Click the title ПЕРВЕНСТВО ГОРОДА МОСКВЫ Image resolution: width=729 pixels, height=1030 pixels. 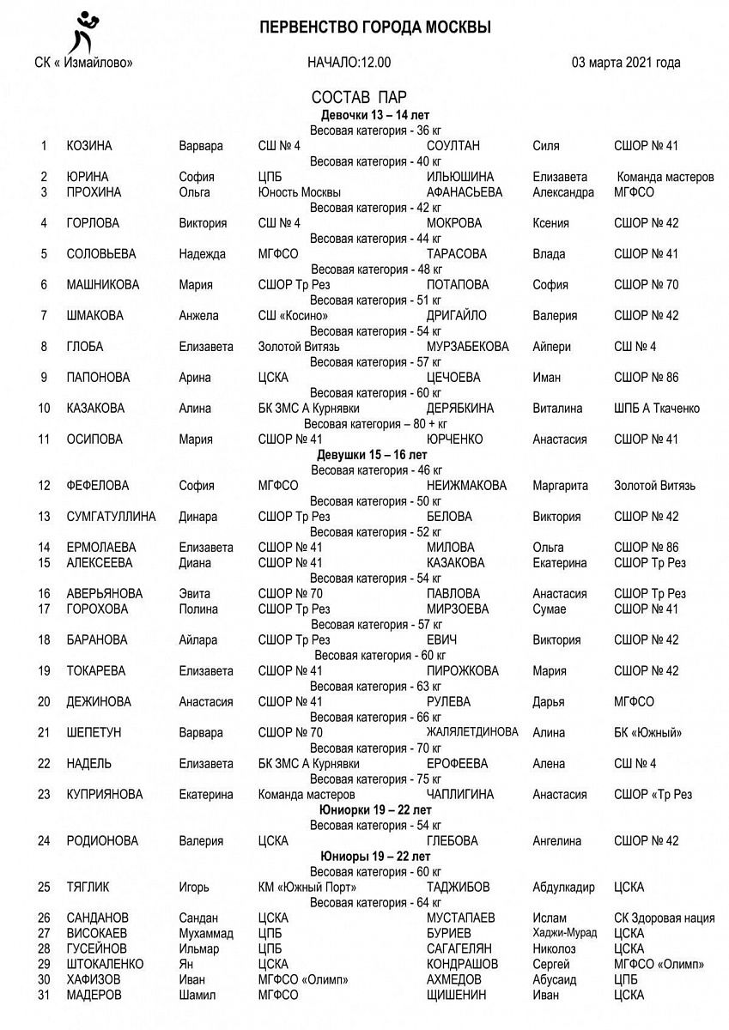[x=375, y=28]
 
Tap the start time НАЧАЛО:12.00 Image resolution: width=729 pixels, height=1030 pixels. [x=349, y=63]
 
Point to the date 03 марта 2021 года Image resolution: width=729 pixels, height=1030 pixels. [x=626, y=63]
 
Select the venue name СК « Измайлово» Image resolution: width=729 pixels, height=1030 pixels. [x=82, y=63]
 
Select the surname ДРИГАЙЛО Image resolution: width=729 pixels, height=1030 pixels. [x=459, y=316]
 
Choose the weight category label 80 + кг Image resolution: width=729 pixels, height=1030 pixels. [x=375, y=424]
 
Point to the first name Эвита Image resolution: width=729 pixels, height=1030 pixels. [x=194, y=594]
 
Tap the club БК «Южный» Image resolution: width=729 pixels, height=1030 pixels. [x=648, y=733]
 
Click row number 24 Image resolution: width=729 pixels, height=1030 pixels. [x=45, y=841]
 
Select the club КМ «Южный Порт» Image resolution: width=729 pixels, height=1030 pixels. [x=307, y=888]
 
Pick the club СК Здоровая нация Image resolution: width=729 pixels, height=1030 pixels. [x=665, y=918]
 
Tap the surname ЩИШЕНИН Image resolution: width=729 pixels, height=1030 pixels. [x=456, y=995]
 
